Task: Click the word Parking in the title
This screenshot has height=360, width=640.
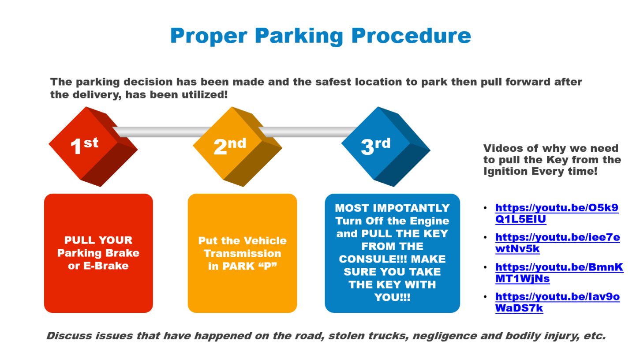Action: click(299, 36)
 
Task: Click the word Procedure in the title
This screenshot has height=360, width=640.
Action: click(411, 36)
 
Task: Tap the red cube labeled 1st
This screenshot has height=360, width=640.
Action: click(94, 146)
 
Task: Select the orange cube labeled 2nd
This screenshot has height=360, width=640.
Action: click(237, 146)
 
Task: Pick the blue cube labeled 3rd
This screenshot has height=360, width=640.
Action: click(385, 146)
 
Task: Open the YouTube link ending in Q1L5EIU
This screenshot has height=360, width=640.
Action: click(557, 214)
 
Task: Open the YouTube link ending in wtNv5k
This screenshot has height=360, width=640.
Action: click(558, 243)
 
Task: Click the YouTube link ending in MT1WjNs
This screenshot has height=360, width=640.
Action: click(559, 273)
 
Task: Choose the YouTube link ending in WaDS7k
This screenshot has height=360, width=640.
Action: click(558, 302)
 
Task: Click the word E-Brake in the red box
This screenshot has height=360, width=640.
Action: click(106, 266)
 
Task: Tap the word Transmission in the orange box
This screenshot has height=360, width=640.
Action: click(242, 253)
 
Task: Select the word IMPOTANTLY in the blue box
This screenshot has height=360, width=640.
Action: click(411, 208)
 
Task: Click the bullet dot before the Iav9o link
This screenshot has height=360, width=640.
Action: click(485, 297)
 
